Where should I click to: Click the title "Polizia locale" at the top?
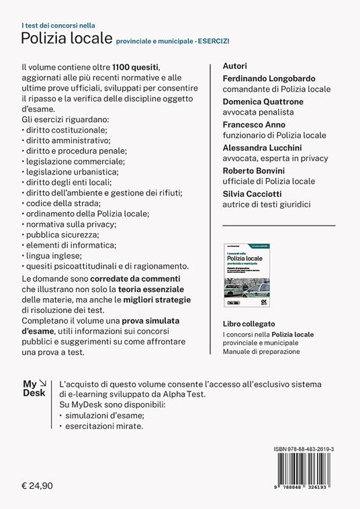point(66,39)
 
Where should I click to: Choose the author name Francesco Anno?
point(255,124)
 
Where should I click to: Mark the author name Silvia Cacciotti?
point(253,193)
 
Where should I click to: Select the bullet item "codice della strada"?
point(62,202)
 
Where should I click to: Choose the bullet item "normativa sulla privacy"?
point(71,223)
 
